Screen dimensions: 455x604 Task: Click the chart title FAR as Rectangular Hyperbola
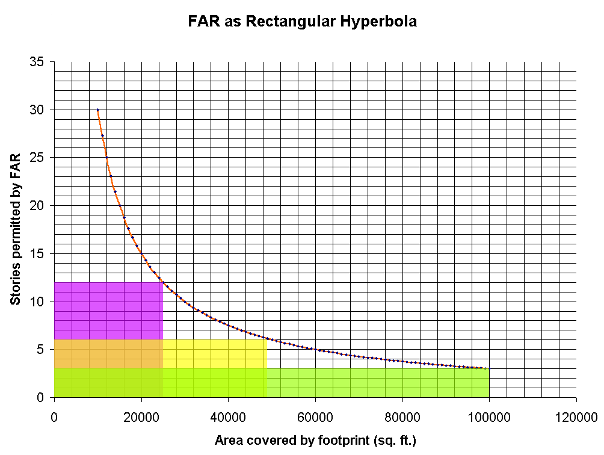pos(303,21)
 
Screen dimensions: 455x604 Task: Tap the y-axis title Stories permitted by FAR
pos(16,229)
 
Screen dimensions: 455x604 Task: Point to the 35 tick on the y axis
pos(42,62)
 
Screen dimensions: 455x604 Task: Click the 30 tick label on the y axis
pos(42,110)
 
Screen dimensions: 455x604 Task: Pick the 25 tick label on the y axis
pos(42,158)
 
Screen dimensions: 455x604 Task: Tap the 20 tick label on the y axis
pos(42,205)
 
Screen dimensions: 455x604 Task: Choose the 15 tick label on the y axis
pos(42,253)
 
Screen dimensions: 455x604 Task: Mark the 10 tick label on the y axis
pos(42,302)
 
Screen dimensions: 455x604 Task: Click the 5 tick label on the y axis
pos(45,349)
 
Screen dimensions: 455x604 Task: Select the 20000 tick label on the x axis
pos(141,416)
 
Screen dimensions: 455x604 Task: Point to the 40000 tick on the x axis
pos(228,416)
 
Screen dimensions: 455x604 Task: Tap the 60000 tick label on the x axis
pos(315,416)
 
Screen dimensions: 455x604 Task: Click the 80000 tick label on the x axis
pos(402,416)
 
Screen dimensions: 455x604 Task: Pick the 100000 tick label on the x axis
pos(489,416)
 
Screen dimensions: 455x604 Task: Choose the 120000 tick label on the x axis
pos(576,416)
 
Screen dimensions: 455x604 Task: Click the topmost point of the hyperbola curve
pos(97,110)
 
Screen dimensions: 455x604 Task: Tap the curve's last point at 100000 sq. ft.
pos(489,368)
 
